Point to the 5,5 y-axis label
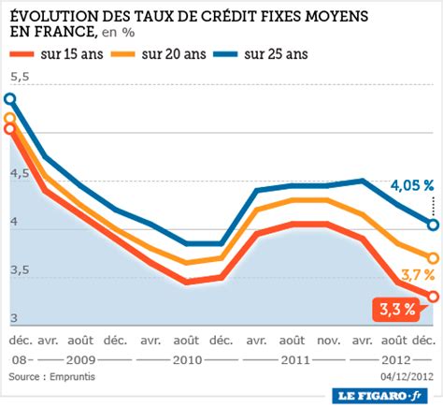click(x=20, y=76)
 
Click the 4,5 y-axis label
click(x=20, y=174)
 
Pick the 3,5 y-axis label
click(x=20, y=270)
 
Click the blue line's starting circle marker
click(x=10, y=98)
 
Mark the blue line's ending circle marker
click(x=433, y=224)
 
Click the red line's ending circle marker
click(x=433, y=297)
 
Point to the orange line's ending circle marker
click(x=433, y=257)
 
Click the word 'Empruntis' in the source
click(x=72, y=376)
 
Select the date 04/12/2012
click(x=407, y=376)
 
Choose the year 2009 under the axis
click(x=79, y=359)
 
